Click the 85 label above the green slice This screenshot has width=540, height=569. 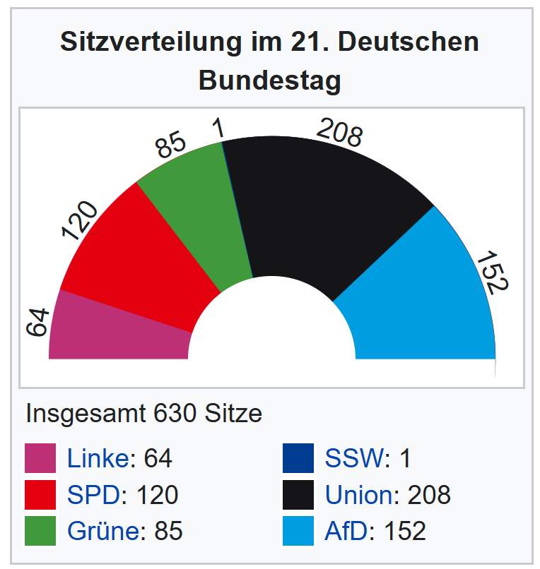pos(171,145)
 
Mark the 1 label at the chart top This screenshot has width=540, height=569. pos(219,128)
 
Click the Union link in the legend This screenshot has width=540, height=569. pos(359,495)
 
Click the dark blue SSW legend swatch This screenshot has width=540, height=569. pos(298,458)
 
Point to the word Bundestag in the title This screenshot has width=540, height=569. pos(269,80)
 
